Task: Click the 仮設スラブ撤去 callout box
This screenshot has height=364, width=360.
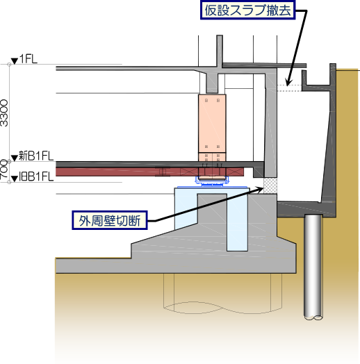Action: tap(248, 10)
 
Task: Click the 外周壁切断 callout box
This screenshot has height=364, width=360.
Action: tap(110, 220)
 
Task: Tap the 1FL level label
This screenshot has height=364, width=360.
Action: tap(28, 59)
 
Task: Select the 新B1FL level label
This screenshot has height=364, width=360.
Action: tap(36, 156)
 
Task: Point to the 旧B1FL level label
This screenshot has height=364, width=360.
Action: tap(36, 177)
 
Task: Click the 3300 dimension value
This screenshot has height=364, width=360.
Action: tap(4, 113)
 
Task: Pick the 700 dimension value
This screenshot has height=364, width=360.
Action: tap(3, 169)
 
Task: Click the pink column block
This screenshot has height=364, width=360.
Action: tap(212, 127)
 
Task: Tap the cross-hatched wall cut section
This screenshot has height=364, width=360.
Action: tap(270, 185)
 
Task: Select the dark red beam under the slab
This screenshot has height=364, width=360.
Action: tap(149, 172)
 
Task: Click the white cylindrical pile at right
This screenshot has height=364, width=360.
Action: tap(313, 267)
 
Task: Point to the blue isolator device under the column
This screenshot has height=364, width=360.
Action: tap(212, 181)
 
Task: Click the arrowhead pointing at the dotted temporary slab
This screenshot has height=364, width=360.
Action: tap(288, 82)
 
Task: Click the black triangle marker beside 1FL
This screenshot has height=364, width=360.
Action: tap(15, 61)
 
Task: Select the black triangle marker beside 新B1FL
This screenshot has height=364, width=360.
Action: tap(15, 158)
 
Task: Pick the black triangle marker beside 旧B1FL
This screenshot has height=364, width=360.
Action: tap(15, 179)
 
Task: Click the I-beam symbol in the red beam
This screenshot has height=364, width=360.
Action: tap(163, 172)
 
